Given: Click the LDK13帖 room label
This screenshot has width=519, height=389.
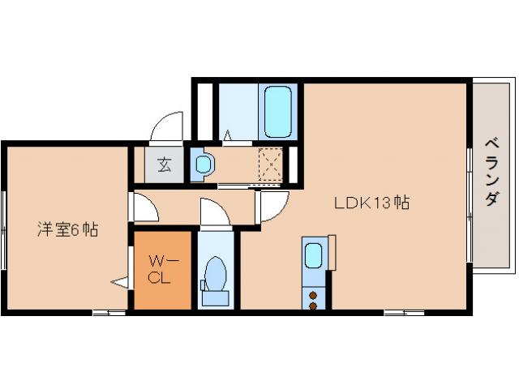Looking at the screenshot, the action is tap(371, 202).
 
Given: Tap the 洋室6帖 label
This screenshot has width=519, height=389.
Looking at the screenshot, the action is tap(67, 229).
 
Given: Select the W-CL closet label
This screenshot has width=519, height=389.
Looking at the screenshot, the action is tap(162, 270).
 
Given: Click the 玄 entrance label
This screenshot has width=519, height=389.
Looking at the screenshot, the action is tap(164, 165).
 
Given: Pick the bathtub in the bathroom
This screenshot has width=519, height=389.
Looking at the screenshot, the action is tap(278, 112).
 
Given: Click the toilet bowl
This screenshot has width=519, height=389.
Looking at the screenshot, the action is tap(215, 274).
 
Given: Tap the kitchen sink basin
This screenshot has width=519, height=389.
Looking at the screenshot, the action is tap(313, 256).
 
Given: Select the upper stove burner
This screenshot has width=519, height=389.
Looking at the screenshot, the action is tap(313, 295).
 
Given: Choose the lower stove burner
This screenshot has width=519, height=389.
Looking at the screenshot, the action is tap(313, 306).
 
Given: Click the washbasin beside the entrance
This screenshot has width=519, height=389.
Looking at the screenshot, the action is tap(203, 164).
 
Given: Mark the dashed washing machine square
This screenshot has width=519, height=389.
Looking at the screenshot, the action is tap(271, 165).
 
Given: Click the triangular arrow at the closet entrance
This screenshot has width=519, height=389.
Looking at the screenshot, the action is tap(120, 282).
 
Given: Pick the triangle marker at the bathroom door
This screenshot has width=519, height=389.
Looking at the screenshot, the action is tap(228, 135).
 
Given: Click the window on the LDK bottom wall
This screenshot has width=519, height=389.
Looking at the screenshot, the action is tap(404, 312).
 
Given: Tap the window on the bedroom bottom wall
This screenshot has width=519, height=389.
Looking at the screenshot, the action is tap(109, 312).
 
